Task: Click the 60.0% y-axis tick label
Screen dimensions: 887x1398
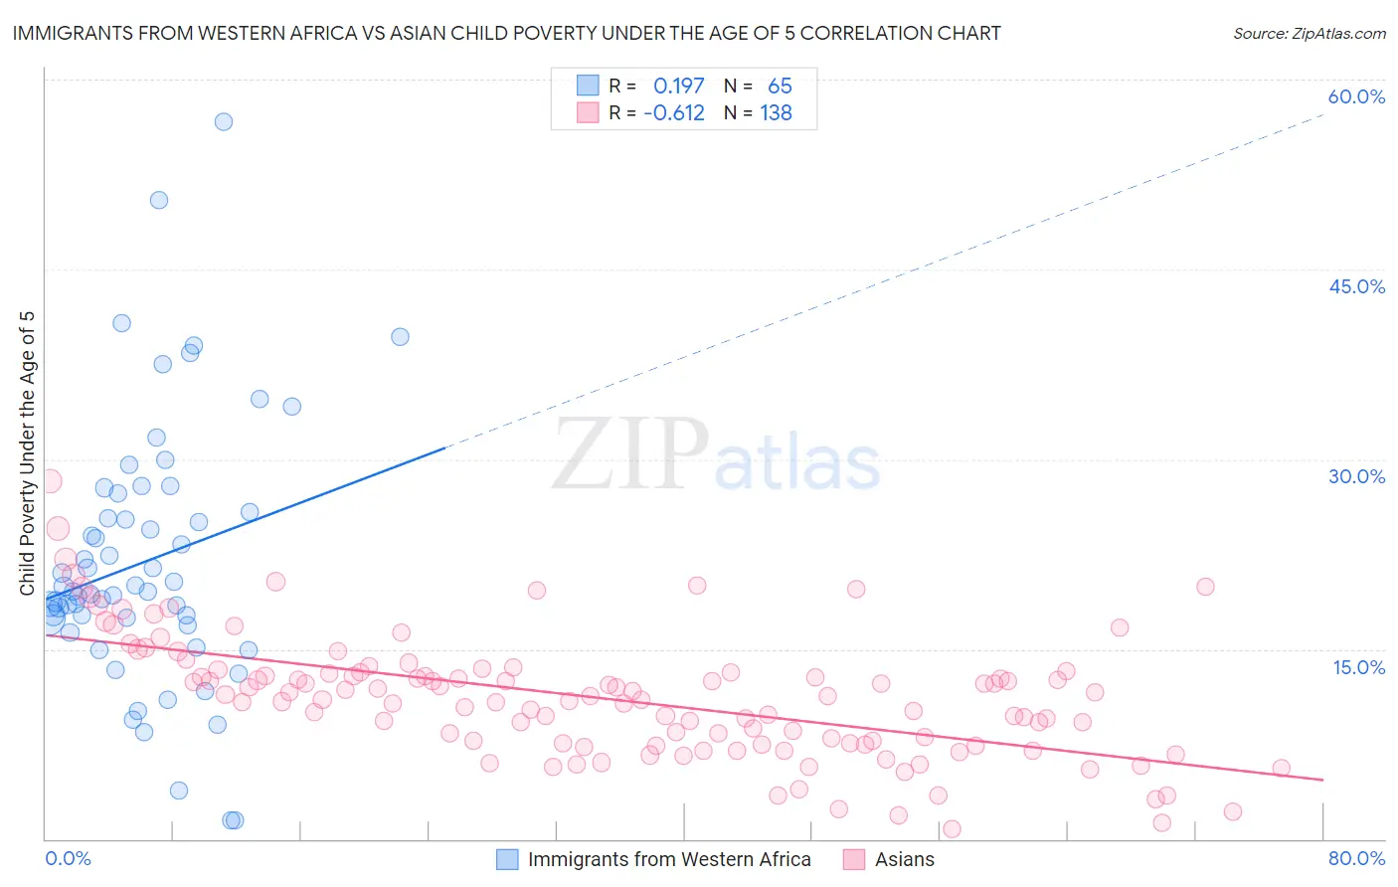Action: point(1356,96)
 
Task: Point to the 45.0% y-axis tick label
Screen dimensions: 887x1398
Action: point(1356,286)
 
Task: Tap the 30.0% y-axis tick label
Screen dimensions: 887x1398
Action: point(1356,476)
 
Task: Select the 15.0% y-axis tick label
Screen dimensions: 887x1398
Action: point(1358,666)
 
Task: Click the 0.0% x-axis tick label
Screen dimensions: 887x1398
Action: point(68,858)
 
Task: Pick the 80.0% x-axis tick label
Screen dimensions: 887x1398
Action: point(1356,858)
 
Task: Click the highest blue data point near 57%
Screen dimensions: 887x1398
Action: point(224,121)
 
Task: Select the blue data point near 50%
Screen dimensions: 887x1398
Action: point(159,200)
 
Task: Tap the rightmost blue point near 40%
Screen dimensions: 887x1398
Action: point(400,337)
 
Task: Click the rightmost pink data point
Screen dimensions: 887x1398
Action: point(1282,768)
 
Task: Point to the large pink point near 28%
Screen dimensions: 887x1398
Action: point(49,481)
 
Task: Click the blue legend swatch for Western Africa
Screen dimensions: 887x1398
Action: point(507,859)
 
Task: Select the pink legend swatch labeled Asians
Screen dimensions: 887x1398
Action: point(854,859)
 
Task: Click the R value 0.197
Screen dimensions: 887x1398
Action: point(678,87)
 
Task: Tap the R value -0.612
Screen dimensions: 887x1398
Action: point(674,113)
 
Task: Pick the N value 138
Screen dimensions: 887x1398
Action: point(776,113)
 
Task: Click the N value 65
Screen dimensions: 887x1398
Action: point(780,87)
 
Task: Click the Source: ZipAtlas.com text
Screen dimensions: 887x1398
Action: point(1309,34)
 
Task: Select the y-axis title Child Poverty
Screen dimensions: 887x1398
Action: point(27,453)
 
